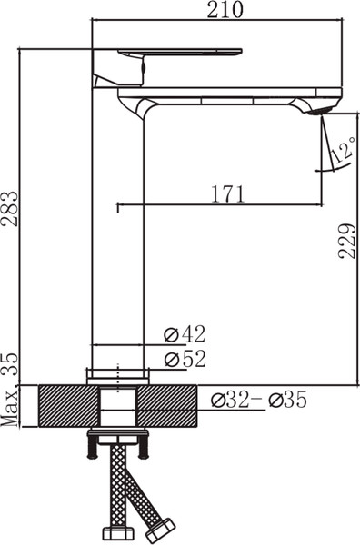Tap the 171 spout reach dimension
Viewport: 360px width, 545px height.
point(227,193)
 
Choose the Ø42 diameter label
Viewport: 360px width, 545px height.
point(185,334)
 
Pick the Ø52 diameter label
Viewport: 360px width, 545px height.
point(185,359)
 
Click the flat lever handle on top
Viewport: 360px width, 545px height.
point(182,51)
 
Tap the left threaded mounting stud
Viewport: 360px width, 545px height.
point(91,447)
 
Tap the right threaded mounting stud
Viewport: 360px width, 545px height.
point(144,447)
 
